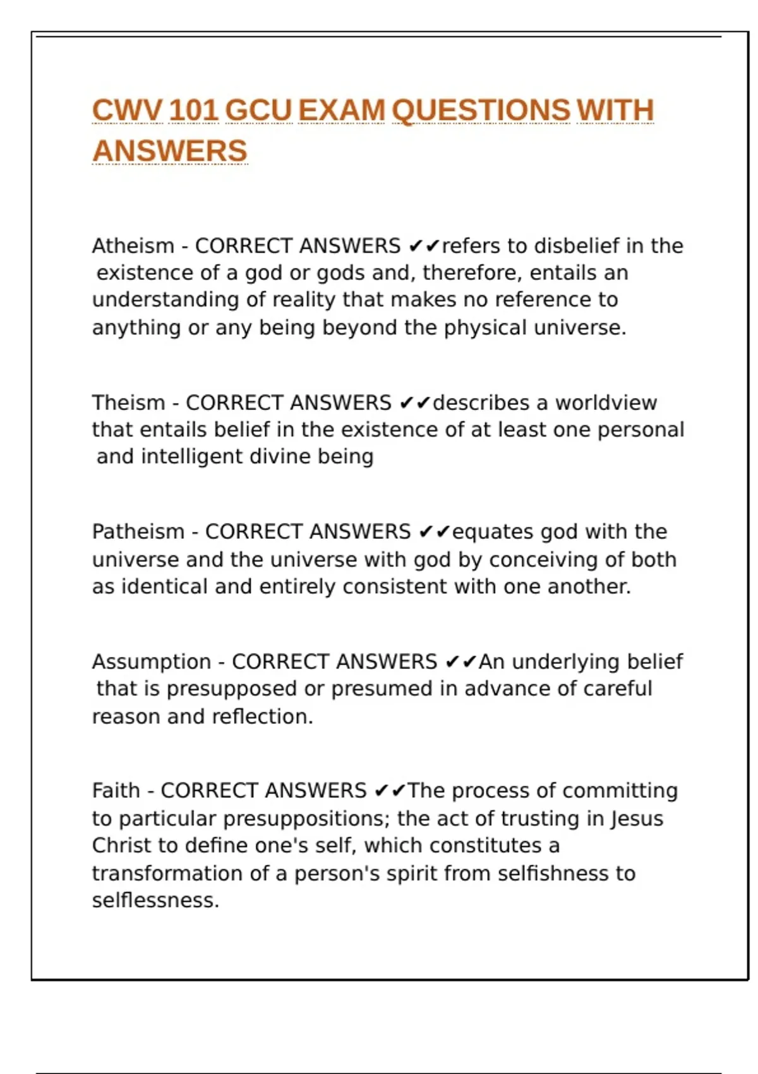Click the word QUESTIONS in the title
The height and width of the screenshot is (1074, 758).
tap(481, 111)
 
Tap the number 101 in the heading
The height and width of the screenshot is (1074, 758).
tap(194, 111)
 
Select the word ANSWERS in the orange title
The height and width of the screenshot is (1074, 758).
tap(170, 151)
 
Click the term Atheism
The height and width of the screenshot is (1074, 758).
tap(133, 246)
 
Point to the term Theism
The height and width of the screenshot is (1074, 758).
tap(128, 402)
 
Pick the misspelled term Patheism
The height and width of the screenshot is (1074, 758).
tap(138, 532)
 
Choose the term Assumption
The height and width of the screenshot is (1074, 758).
tap(152, 661)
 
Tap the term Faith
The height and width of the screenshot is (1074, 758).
tap(116, 790)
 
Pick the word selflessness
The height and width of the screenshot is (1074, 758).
tap(155, 900)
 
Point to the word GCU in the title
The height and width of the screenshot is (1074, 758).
tap(258, 111)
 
